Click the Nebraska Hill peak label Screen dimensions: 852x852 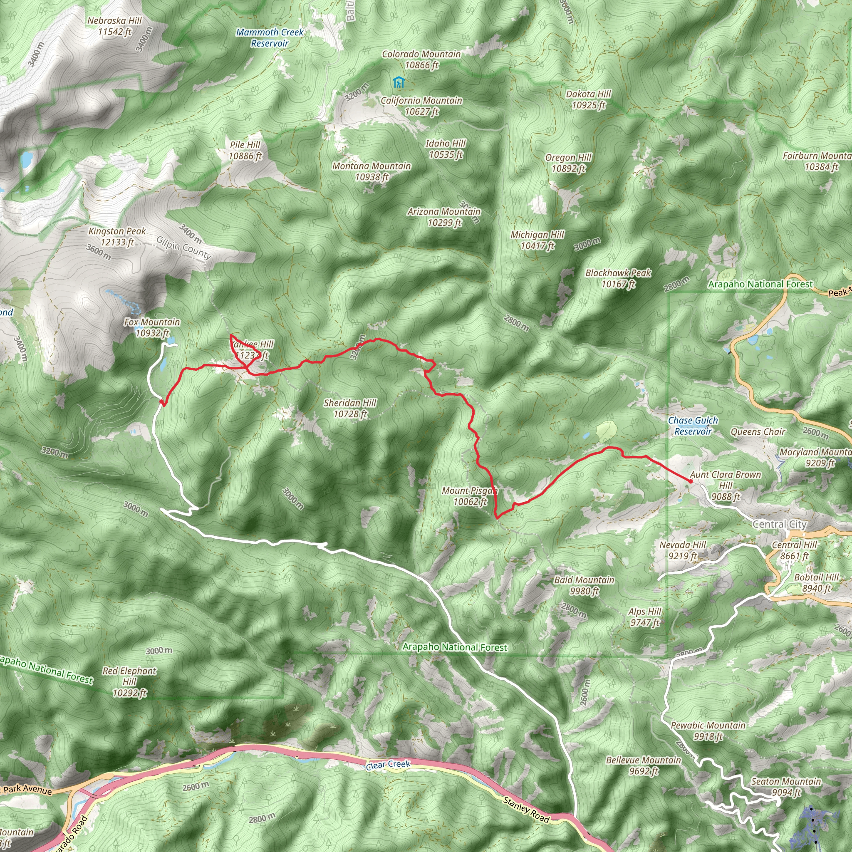(x=115, y=26)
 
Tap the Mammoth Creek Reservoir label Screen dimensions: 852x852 (x=270, y=38)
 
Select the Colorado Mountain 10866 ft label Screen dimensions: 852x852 (x=421, y=59)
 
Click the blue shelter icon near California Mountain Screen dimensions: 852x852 (x=399, y=82)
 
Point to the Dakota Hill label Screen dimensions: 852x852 (x=588, y=99)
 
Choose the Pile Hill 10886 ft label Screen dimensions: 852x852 (x=245, y=150)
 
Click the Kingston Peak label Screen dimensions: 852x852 (x=117, y=237)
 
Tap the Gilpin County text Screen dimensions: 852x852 (x=184, y=248)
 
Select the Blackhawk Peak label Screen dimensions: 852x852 (x=618, y=278)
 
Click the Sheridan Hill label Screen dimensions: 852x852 (x=350, y=409)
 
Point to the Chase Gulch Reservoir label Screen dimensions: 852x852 (x=693, y=426)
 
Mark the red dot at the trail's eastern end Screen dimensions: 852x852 (x=690, y=481)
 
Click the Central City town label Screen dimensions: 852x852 (x=779, y=524)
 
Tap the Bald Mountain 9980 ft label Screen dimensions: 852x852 (x=584, y=585)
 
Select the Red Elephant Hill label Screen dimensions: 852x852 (x=129, y=682)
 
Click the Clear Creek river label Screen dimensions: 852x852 (x=388, y=765)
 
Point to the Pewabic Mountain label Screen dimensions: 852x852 (x=708, y=731)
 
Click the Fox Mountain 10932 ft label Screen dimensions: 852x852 (x=152, y=328)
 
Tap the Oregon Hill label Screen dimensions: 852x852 (x=568, y=163)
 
